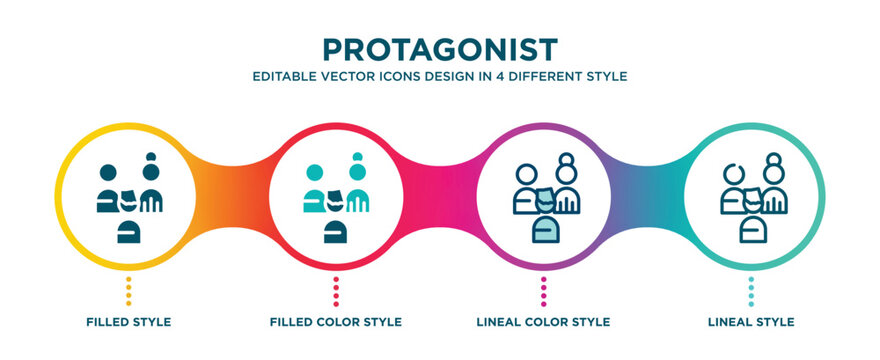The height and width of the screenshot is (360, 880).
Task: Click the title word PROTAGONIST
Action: [x=440, y=49]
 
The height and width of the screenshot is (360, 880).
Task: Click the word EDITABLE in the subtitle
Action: [x=283, y=76]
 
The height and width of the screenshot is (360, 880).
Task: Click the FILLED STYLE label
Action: [x=128, y=322]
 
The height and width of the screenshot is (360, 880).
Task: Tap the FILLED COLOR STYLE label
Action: [x=336, y=322]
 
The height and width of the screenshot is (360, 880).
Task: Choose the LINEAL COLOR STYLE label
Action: [x=543, y=322]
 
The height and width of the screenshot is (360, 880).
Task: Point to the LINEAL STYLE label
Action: [x=750, y=322]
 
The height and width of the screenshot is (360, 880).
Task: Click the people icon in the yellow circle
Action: [x=128, y=198]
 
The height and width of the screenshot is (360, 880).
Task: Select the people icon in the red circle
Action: [x=336, y=198]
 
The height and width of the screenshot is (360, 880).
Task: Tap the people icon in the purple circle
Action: [x=543, y=198]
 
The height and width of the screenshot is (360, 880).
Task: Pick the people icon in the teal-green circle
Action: [x=750, y=198]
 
